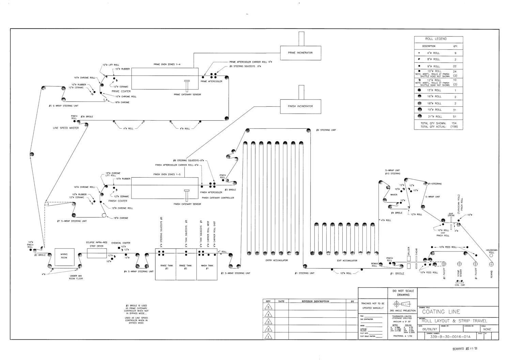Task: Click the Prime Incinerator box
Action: (x=300, y=53)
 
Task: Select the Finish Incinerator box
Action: (x=300, y=106)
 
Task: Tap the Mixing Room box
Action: (x=64, y=256)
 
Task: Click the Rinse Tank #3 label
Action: (x=165, y=267)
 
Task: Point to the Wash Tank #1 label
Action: (x=207, y=267)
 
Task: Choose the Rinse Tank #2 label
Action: (x=186, y=267)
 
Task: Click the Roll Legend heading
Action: (x=438, y=39)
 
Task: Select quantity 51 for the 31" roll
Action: (x=454, y=117)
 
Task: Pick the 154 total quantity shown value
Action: (x=454, y=123)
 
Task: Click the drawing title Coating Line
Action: (x=441, y=312)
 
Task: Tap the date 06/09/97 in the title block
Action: (x=430, y=329)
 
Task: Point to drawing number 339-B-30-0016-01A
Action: (x=450, y=337)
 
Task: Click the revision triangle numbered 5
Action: (x=268, y=307)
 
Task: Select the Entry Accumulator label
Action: (x=277, y=260)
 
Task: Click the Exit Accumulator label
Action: (x=347, y=260)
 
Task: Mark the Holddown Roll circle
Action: (x=491, y=255)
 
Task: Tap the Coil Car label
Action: (x=460, y=285)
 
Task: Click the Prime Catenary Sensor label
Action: (x=187, y=94)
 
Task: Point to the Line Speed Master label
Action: (x=66, y=128)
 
